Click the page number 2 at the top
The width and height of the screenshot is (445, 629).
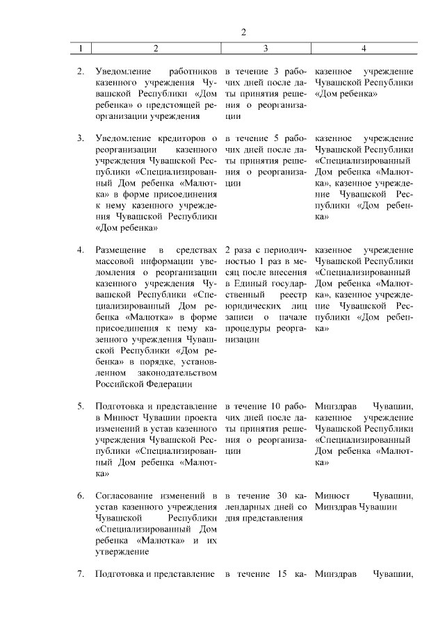pyautogui.click(x=244, y=33)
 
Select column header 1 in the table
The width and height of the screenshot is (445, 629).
pyautogui.click(x=81, y=49)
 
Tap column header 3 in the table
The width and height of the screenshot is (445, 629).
pyautogui.click(x=266, y=49)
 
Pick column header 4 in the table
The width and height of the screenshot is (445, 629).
pyautogui.click(x=364, y=49)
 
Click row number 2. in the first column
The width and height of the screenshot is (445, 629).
pyautogui.click(x=81, y=72)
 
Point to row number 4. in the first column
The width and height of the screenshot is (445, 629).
pyautogui.click(x=81, y=250)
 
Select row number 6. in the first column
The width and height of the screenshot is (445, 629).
pyautogui.click(x=81, y=496)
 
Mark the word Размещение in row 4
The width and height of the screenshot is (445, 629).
pyautogui.click(x=119, y=250)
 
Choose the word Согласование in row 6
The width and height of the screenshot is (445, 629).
pyautogui.click(x=122, y=496)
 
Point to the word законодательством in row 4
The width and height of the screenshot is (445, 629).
pyautogui.click(x=177, y=372)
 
